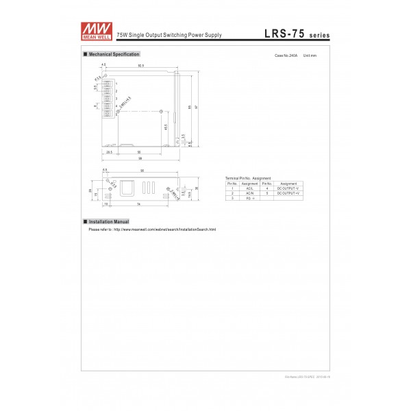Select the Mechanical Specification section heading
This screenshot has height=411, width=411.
click(114, 53)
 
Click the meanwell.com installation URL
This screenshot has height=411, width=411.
click(164, 229)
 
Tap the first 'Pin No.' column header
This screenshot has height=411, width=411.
click(232, 183)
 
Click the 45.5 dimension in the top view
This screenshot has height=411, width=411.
click(166, 126)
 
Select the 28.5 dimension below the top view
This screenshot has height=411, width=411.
click(110, 151)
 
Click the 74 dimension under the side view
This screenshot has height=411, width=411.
click(138, 204)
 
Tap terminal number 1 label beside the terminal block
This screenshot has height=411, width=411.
click(117, 83)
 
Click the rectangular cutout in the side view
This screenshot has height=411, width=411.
click(127, 188)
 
